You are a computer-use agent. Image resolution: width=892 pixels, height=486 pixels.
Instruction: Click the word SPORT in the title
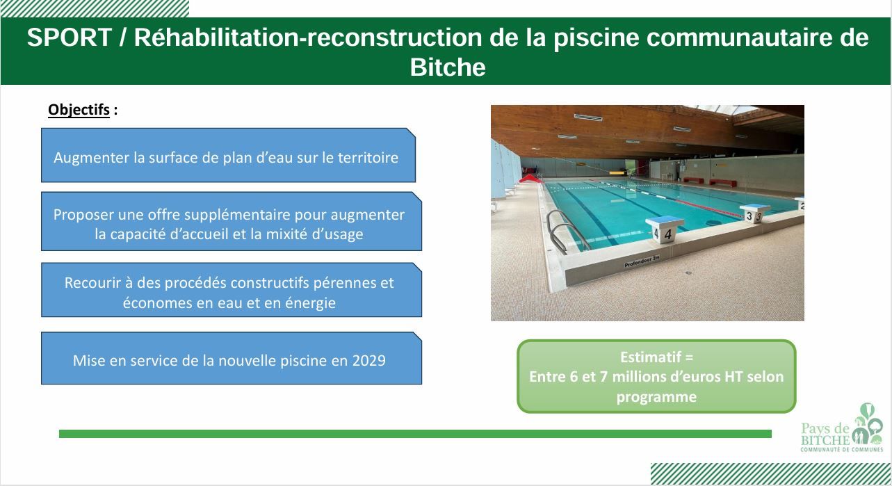tap(70, 38)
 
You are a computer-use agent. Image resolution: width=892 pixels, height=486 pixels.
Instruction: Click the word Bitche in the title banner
tap(448, 67)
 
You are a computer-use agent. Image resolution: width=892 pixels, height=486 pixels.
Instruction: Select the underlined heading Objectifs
tap(79, 110)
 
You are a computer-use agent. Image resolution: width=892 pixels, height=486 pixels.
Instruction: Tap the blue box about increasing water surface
tap(228, 155)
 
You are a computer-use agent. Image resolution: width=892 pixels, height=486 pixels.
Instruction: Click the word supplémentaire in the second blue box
tap(217, 215)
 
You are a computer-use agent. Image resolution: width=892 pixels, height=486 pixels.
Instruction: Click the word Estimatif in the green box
tap(651, 357)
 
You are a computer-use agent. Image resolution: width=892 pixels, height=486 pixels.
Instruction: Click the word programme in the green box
tap(656, 397)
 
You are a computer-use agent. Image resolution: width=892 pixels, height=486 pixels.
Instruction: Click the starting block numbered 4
tap(664, 229)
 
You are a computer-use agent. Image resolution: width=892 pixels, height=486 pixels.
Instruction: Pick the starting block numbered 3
tap(754, 213)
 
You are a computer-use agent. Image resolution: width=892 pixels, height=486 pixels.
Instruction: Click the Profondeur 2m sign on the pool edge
tap(642, 261)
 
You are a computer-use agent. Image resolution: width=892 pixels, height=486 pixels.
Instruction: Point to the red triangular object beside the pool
tap(531, 179)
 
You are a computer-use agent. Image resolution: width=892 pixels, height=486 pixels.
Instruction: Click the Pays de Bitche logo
tap(841, 428)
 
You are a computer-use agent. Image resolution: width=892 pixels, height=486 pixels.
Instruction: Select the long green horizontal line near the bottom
tap(415, 434)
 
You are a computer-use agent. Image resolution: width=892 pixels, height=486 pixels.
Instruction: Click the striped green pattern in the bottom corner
tap(771, 473)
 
